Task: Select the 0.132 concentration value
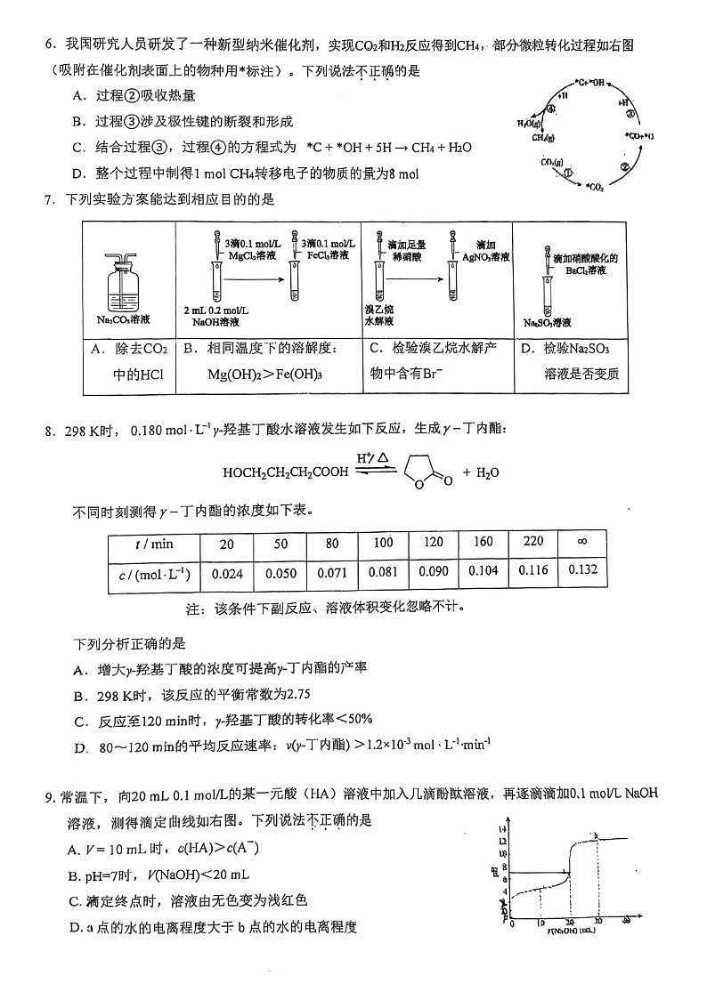[582, 569]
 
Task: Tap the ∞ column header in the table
[582, 542]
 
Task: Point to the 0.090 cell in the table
[434, 571]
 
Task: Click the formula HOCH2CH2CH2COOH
[286, 472]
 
